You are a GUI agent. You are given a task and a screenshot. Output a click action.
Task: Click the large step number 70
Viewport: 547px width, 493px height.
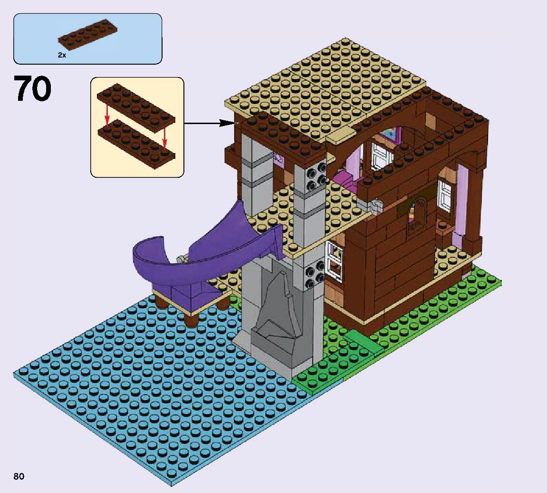33,89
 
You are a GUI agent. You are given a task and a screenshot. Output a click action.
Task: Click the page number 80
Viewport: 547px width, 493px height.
19,476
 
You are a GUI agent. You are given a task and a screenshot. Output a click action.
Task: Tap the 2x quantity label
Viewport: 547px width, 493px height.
62,55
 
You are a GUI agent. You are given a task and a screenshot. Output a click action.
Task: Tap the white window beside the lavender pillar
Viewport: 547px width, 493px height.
445,194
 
